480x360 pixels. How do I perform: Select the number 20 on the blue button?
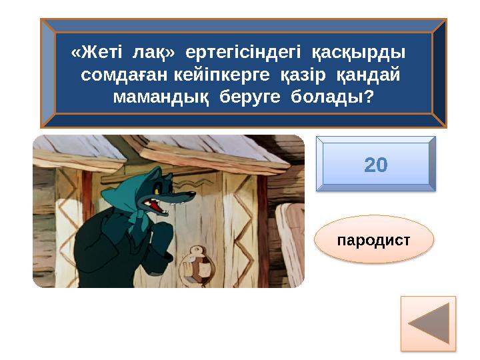(376, 165)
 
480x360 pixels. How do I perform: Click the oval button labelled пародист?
(373, 239)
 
